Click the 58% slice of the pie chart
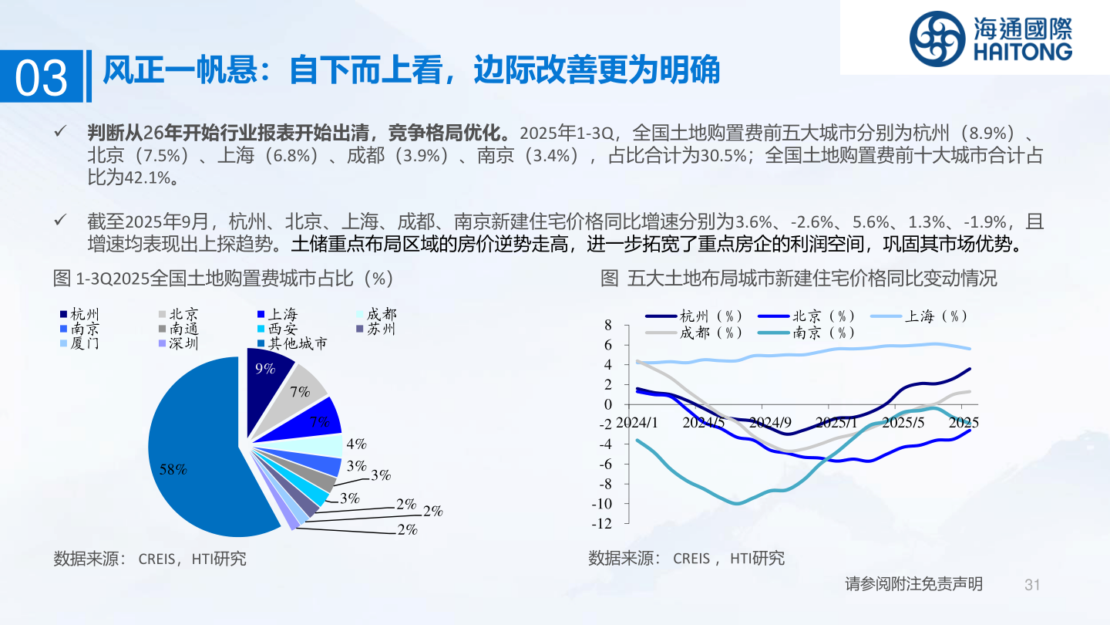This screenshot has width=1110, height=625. point(198,456)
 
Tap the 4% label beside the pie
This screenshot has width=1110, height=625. point(356,444)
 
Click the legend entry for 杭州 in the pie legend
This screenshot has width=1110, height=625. point(79,314)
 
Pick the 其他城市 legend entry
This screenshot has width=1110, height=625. point(292,343)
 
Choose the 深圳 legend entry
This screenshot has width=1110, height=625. point(178,343)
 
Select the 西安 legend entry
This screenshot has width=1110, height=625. point(278,329)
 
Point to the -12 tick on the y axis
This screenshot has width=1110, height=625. point(601,523)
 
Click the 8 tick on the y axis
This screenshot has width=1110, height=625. point(608,325)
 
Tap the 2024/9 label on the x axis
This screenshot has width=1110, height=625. point(770,423)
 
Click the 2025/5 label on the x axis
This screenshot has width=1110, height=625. point(903,423)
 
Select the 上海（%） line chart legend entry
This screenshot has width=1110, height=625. point(919,316)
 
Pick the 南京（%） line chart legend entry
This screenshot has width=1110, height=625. point(807,333)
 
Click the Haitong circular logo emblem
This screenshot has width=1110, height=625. point(937,39)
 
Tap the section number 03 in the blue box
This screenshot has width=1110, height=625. point(41,77)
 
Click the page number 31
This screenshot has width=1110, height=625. point(1032,585)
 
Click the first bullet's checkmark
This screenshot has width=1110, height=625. point(60,131)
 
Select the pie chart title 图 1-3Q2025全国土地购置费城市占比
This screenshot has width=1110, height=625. point(223,279)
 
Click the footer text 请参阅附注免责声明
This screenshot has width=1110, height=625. point(913,584)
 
